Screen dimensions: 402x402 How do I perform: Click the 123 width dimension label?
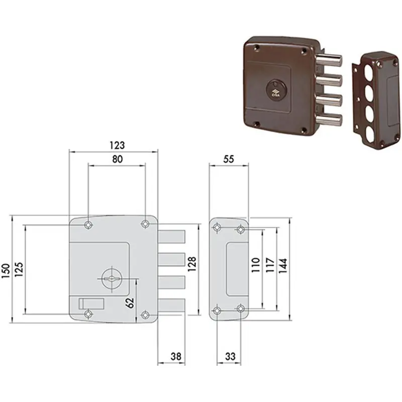(x=117, y=145)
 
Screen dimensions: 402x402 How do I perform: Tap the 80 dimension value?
(x=118, y=159)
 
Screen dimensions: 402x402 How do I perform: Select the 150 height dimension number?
(x=6, y=270)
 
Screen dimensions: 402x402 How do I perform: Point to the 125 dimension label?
(x=19, y=269)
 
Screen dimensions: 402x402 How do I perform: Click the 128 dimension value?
(x=192, y=264)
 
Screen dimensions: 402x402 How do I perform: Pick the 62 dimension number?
(x=130, y=303)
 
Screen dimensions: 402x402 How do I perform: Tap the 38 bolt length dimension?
(x=176, y=356)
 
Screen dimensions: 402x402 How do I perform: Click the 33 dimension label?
(x=230, y=356)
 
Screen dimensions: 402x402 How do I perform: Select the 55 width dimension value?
(x=229, y=159)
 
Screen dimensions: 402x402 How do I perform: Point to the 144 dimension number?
(x=283, y=266)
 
